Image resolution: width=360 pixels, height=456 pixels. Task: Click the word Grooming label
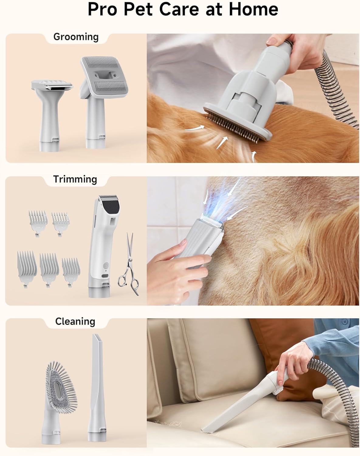click(76, 37)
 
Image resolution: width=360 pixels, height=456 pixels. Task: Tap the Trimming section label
click(75, 179)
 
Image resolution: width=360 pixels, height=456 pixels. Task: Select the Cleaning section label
click(75, 321)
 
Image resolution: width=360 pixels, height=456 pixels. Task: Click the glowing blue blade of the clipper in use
click(212, 217)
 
